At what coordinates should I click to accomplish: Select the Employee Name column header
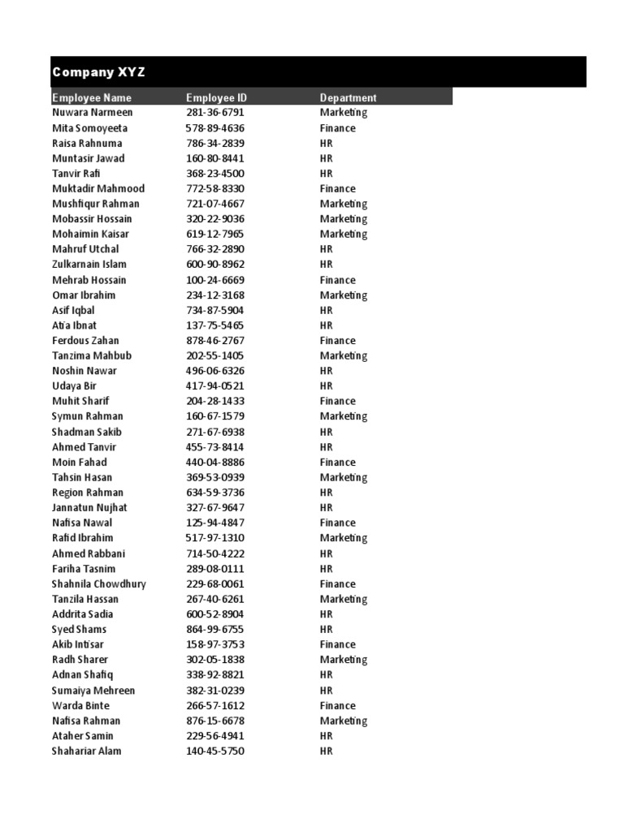[92, 97]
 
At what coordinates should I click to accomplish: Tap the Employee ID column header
[216, 97]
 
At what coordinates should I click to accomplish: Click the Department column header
[348, 97]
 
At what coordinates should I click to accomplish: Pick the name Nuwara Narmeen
[93, 113]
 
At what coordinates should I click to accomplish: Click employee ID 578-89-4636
[215, 128]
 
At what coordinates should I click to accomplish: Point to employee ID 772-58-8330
[215, 188]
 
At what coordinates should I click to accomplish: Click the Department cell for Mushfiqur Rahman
[344, 204]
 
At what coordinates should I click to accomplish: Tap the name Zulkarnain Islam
[89, 265]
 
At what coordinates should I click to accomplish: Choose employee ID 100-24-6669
[215, 280]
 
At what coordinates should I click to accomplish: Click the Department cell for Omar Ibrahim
[344, 295]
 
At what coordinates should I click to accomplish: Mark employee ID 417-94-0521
[215, 386]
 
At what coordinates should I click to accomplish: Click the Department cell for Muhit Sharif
[338, 401]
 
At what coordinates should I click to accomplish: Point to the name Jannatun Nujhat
[89, 508]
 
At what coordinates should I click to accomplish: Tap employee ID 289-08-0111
[215, 569]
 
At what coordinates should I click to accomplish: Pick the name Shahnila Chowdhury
[99, 584]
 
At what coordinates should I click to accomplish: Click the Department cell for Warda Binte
[338, 706]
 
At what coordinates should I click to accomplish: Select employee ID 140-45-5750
[215, 751]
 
